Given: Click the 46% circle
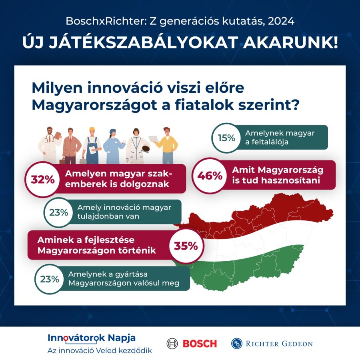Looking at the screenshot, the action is pyautogui.click(x=210, y=176).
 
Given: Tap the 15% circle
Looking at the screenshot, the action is pyautogui.click(x=226, y=138).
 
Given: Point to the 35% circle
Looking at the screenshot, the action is pyautogui.click(x=186, y=246).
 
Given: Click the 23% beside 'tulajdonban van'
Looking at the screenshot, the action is pyautogui.click(x=58, y=213).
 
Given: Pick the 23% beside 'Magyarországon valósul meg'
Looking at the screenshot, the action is pyautogui.click(x=49, y=279).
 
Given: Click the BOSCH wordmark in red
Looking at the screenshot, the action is pyautogui.click(x=200, y=343).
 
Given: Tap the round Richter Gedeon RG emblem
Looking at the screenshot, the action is pyautogui.click(x=237, y=343).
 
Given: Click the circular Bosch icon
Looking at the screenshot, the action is pyautogui.click(x=172, y=343).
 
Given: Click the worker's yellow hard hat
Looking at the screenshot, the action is pyautogui.click(x=92, y=130).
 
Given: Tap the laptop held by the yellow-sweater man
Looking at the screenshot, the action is pyautogui.click(x=154, y=138).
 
